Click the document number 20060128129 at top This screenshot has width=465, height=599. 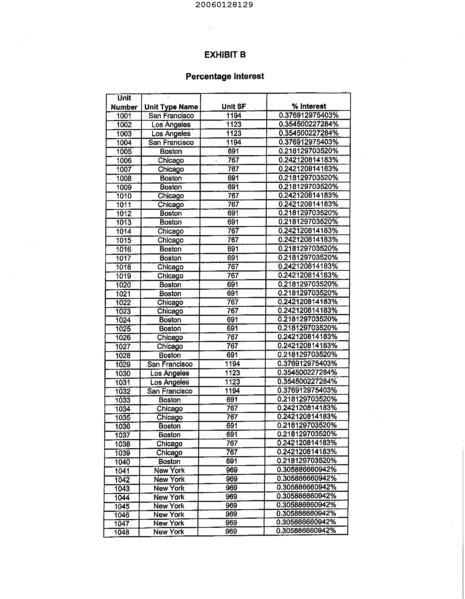tap(224, 5)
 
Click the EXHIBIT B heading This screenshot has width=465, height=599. tap(225, 55)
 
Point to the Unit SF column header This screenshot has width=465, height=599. tap(234, 106)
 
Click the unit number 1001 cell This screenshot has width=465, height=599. tap(124, 116)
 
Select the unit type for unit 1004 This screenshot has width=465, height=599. tap(171, 142)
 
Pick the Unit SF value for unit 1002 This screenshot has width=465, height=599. tap(234, 124)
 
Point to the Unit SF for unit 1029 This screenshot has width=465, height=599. tap(232, 364)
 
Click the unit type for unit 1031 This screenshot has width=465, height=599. tap(170, 382)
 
